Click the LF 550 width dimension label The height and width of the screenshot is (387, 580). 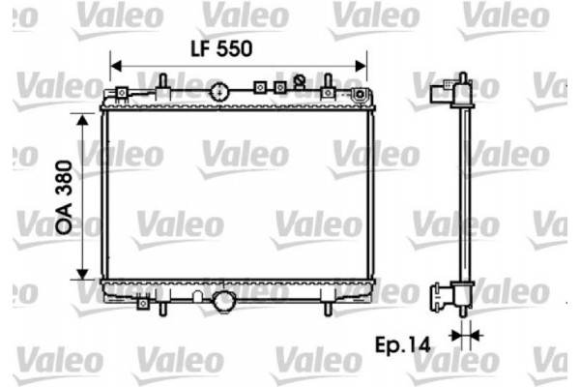(221, 49)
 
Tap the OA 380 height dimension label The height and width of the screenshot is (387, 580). (64, 197)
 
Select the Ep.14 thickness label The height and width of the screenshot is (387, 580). (403, 345)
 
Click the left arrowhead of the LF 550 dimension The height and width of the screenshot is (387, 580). (116, 67)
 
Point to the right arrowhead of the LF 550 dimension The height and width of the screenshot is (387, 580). (361, 67)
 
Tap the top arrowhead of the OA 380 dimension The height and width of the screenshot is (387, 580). (82, 120)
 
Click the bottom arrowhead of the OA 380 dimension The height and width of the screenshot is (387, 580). (82, 274)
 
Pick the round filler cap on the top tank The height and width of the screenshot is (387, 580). (219, 92)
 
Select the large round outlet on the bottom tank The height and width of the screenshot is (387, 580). (223, 301)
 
